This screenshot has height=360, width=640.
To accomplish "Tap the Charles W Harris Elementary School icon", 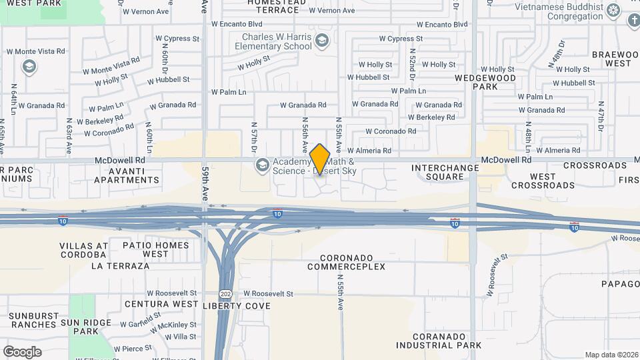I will pos(323,41).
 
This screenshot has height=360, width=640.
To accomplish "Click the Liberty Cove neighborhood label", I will pos(237,306).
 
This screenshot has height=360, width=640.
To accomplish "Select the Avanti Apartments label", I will pos(127,175).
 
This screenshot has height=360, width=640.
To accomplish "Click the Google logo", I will pos(22,351).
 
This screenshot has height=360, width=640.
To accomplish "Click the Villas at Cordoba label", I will pos(83,250).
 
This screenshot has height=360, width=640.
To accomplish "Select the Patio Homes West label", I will pos(156,249).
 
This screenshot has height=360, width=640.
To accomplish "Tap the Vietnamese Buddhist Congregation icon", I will pos(614,10).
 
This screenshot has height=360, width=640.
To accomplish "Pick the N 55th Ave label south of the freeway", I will pos(340,293).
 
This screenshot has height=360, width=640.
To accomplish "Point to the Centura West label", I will pos(161,305).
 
